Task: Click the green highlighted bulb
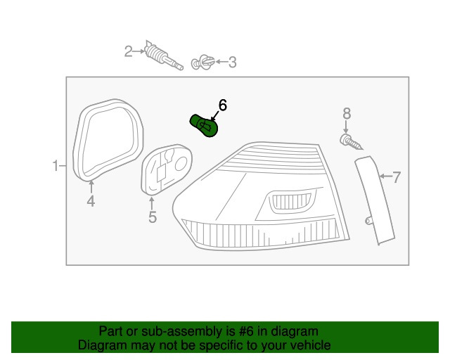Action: tap(205, 125)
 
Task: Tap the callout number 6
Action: tap(222, 105)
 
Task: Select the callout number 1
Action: tap(55, 167)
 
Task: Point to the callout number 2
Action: tap(129, 51)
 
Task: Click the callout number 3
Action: tap(232, 63)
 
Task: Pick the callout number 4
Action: tap(91, 202)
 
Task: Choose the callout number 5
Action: tap(153, 217)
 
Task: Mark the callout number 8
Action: tap(346, 114)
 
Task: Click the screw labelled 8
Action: tap(351, 143)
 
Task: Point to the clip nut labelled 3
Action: tap(202, 63)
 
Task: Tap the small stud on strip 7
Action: tap(368, 221)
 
